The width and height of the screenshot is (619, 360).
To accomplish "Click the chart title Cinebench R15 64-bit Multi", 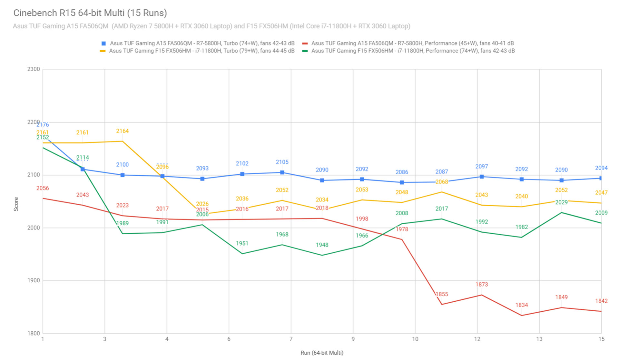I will (90, 13).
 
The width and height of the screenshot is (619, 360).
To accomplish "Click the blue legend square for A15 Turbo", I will (103, 44).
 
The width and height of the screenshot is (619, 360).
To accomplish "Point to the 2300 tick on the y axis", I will (34, 69).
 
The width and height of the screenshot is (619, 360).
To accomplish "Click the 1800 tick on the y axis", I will (34, 333).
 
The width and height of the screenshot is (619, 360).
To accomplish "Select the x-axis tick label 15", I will (601, 339).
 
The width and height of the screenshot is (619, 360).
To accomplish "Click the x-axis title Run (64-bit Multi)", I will (322, 353).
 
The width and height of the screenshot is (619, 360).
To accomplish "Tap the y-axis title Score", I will (16, 204).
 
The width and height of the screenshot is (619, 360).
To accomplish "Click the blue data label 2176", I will (43, 125).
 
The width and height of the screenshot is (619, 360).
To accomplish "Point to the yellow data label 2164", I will (123, 131).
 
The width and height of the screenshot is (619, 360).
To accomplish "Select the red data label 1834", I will (521, 305).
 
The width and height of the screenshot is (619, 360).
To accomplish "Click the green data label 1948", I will (322, 245).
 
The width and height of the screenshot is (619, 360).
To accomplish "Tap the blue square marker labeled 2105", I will (282, 172).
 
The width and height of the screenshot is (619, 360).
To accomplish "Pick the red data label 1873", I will (482, 285).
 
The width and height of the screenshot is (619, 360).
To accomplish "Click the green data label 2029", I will (561, 202).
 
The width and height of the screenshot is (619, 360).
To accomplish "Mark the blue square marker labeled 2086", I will (402, 182).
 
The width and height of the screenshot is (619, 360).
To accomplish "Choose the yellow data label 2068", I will (442, 182).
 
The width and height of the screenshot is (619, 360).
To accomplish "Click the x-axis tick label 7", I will (291, 339).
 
